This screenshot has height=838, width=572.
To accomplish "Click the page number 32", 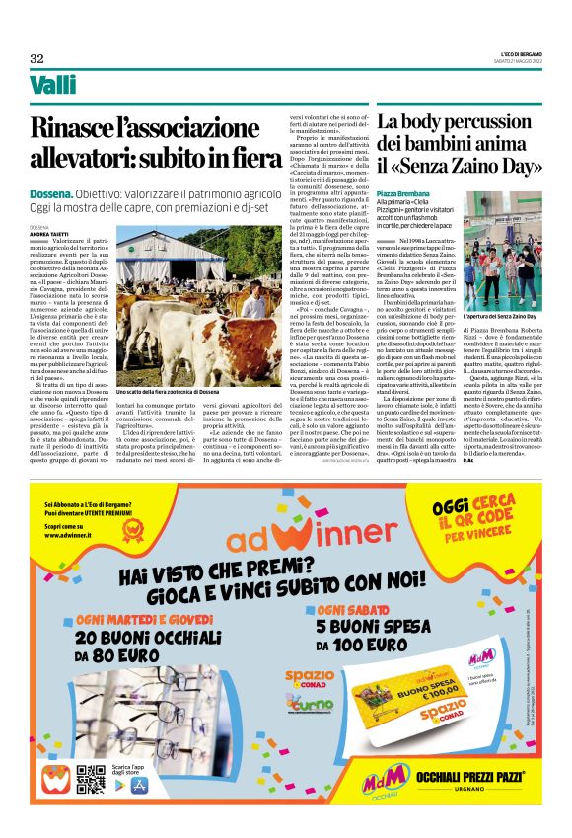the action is coord(37,58).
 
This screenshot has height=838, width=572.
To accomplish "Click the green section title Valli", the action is coord(53,86).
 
